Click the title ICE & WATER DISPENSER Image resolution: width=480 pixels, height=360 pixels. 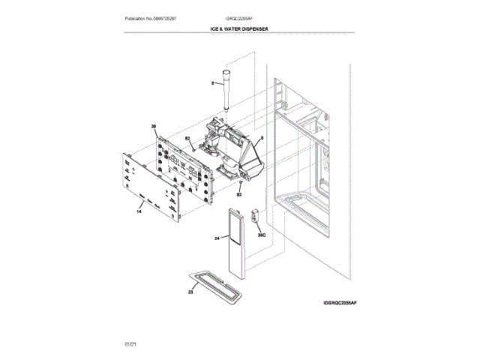pyautogui.click(x=239, y=28)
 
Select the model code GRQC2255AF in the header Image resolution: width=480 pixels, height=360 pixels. pyautogui.click(x=238, y=17)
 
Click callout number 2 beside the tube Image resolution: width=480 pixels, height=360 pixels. pyautogui.click(x=212, y=82)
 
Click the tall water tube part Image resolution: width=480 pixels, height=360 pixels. pyautogui.click(x=225, y=90)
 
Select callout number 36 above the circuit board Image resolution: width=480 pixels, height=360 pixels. pyautogui.click(x=154, y=127)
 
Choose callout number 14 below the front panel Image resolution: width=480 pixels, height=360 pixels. pyautogui.click(x=139, y=212)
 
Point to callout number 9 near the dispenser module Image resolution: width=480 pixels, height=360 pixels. pyautogui.click(x=261, y=139)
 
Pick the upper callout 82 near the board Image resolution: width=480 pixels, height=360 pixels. pyautogui.click(x=187, y=139)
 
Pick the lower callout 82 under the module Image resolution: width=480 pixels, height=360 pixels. pyautogui.click(x=240, y=194)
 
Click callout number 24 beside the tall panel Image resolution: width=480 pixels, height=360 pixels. pyautogui.click(x=216, y=238)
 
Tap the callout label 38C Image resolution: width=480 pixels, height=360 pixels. pyautogui.click(x=262, y=235)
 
